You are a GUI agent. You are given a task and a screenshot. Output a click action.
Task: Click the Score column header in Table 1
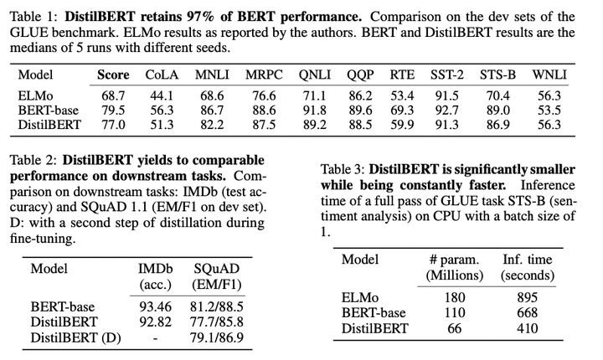113,75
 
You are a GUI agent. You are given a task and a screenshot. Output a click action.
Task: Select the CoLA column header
162,75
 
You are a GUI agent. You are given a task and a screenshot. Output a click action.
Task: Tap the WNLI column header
548,75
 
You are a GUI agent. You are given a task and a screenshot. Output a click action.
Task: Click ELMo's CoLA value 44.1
162,96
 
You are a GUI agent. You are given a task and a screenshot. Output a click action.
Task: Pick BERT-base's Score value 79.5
113,111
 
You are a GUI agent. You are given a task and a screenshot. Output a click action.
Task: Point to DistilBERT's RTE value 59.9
402,125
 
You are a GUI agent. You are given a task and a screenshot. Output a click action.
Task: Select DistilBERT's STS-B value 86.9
497,125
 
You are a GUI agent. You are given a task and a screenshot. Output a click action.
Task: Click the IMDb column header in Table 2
157,269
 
